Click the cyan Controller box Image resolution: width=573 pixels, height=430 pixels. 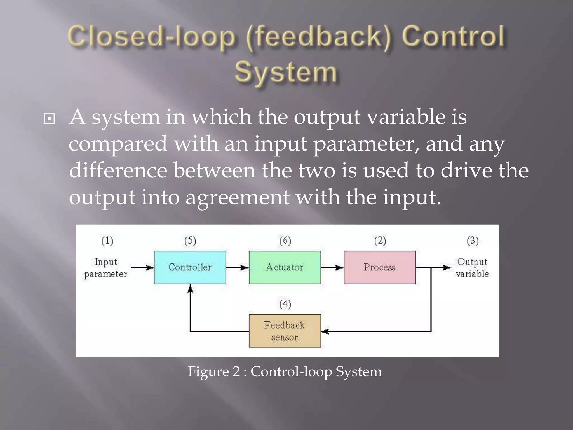point(190,267)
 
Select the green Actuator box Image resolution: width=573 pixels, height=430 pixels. point(285,267)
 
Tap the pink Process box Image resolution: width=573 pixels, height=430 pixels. point(379,267)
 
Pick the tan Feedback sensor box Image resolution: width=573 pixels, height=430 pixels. point(285,331)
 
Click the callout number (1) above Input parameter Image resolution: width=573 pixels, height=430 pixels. point(107,241)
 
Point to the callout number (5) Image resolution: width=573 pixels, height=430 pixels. point(190,241)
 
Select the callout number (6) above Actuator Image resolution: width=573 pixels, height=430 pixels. point(285,241)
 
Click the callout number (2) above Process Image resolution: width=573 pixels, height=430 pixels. point(380,241)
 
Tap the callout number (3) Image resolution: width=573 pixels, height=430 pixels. point(472,241)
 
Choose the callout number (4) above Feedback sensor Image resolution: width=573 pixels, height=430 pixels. point(285,304)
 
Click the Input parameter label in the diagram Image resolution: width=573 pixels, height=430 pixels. point(106,268)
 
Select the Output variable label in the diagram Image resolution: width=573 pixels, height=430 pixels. point(472,268)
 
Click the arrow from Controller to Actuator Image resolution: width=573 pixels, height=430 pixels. point(237,268)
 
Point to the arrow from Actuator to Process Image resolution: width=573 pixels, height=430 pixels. point(332,268)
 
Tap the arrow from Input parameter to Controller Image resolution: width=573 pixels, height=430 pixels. point(142,268)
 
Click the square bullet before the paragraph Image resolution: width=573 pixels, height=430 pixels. point(50,119)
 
